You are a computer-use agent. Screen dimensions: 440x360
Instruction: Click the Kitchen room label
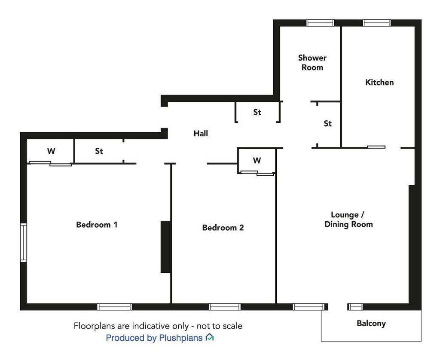point(379,82)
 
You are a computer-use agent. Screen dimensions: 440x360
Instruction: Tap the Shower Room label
point(312,63)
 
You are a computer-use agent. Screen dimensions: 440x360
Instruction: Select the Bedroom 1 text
point(97,225)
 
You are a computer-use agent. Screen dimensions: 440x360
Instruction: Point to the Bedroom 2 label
point(223,227)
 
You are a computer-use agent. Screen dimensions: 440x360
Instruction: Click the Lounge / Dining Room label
point(348,220)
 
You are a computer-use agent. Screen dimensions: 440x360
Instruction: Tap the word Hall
point(201,133)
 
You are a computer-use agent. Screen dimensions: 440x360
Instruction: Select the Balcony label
point(371,323)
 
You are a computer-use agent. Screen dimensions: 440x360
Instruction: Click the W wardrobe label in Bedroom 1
point(51,151)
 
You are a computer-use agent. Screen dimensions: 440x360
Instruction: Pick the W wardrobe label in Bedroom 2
point(257,161)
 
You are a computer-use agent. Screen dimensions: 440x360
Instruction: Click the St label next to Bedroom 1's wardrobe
point(99,151)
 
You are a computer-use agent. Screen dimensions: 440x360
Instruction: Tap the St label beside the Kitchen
point(327,123)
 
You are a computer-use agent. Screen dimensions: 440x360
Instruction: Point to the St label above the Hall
point(257,112)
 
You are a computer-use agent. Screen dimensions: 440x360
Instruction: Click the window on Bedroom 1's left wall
point(24,243)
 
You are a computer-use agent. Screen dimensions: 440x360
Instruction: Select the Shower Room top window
point(320,23)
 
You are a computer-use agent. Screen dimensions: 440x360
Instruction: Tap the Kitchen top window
point(376,23)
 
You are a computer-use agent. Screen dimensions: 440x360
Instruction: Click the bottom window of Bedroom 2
point(224,307)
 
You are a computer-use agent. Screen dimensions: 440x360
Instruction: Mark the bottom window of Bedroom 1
point(114,307)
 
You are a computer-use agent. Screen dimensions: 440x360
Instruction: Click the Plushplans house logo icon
point(209,337)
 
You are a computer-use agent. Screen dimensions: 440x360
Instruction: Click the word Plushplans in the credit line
point(181,338)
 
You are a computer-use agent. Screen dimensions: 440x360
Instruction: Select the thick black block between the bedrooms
point(166,247)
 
